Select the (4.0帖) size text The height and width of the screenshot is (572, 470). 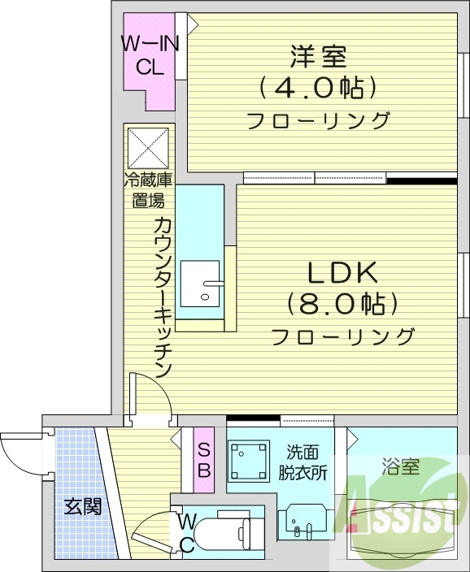pyautogui.click(x=318, y=86)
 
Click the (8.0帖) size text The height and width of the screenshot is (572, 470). pyautogui.click(x=342, y=304)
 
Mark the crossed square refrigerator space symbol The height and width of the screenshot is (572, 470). pyautogui.click(x=149, y=147)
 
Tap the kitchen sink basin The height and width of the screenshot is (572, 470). pyautogui.click(x=200, y=284)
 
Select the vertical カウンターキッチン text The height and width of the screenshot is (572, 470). pyautogui.click(x=162, y=297)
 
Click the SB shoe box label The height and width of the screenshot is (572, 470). pyautogui.click(x=204, y=460)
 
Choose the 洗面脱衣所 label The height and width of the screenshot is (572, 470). pyautogui.click(x=306, y=463)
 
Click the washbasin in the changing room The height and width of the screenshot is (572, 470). pyautogui.click(x=303, y=521)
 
